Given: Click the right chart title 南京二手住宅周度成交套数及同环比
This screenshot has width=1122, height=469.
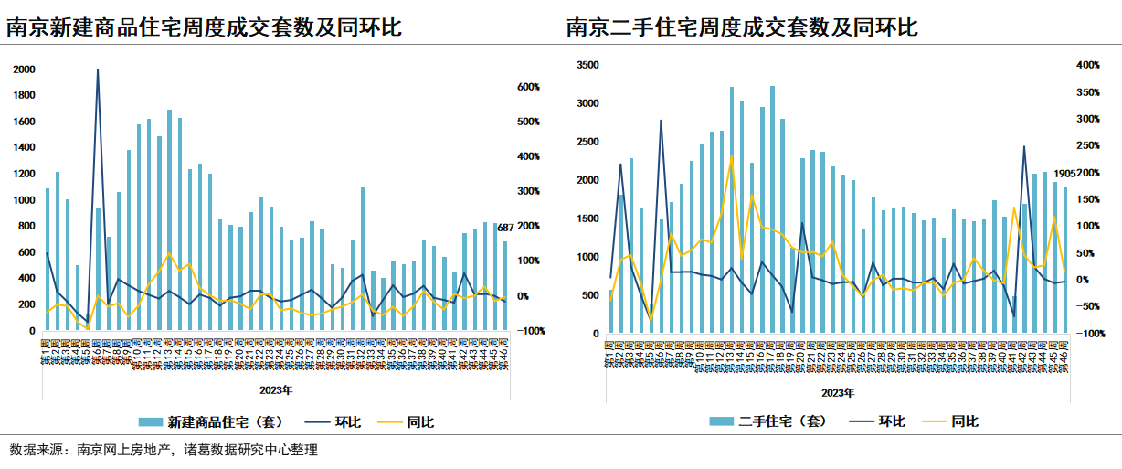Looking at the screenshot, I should click(x=741, y=27).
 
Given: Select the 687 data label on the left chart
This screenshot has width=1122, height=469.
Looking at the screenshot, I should click(x=505, y=227).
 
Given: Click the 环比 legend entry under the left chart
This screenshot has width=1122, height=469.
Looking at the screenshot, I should click(x=347, y=422).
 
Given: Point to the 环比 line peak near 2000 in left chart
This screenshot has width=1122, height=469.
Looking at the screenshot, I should click(x=98, y=69).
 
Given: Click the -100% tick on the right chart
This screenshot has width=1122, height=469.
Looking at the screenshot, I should click(x=1089, y=335).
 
